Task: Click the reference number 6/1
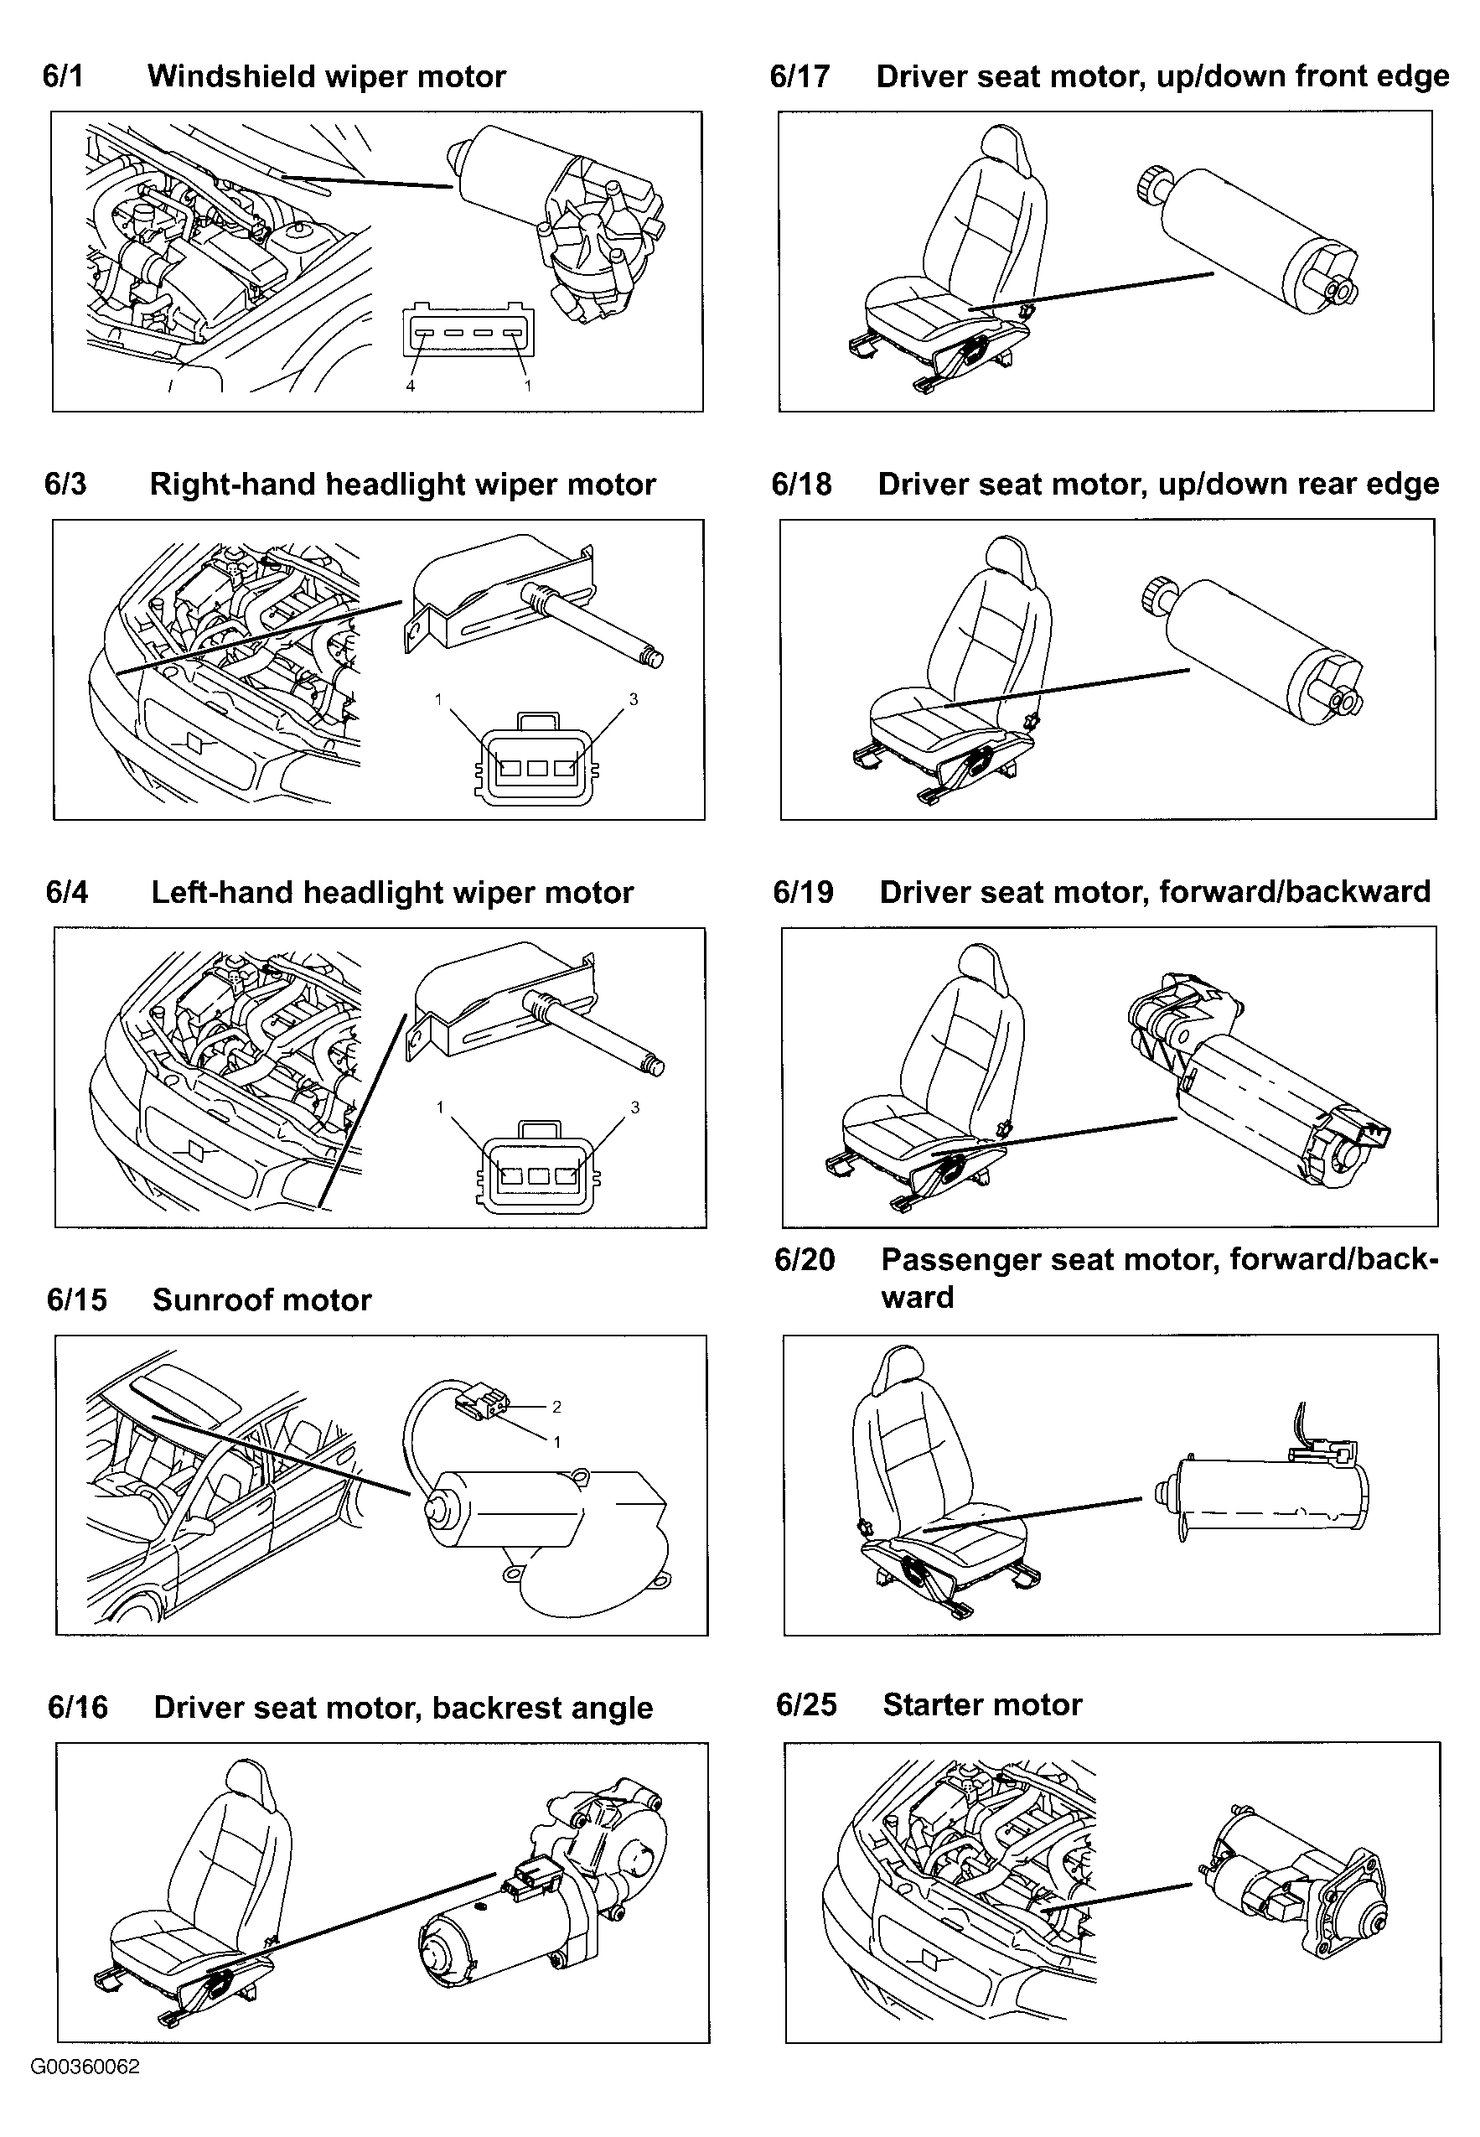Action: (63, 76)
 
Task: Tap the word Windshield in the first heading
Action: (224, 76)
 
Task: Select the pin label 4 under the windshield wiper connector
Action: (411, 386)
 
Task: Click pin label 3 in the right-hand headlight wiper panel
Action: (634, 699)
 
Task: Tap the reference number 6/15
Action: (77, 1299)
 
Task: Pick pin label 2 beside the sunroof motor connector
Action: (556, 1407)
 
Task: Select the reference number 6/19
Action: (803, 892)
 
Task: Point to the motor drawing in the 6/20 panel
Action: (1262, 1483)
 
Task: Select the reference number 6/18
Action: (802, 485)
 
